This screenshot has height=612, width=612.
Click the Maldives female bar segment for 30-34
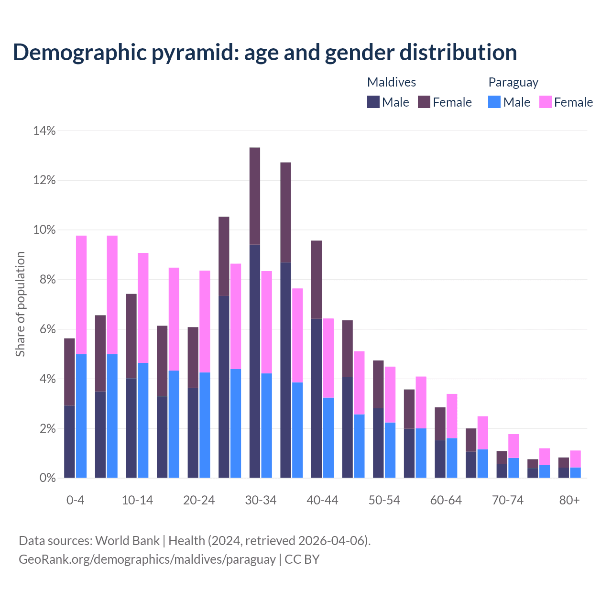pyautogui.click(x=255, y=196)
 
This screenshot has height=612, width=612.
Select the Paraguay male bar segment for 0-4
pyautogui.click(x=81, y=416)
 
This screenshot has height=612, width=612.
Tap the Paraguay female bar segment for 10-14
pyautogui.click(x=143, y=308)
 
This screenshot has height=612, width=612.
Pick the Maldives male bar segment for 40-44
pyautogui.click(x=317, y=398)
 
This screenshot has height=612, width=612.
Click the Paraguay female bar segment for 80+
pyautogui.click(x=575, y=459)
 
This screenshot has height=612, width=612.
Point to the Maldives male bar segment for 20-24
pyautogui.click(x=193, y=433)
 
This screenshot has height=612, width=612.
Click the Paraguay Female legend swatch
pyautogui.click(x=546, y=102)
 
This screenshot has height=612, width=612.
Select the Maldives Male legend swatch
pyautogui.click(x=373, y=102)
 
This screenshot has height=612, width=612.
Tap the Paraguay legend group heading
pyautogui.click(x=513, y=82)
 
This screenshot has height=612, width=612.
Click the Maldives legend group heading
pyautogui.click(x=391, y=82)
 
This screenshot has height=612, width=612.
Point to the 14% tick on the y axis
pyautogui.click(x=44, y=131)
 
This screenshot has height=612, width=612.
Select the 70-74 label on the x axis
pyautogui.click(x=508, y=500)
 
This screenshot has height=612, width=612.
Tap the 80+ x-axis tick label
pyautogui.click(x=569, y=500)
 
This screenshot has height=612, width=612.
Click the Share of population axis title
pyautogui.click(x=20, y=304)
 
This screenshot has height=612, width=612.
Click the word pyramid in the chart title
pyautogui.click(x=196, y=53)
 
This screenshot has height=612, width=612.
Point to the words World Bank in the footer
pyautogui.click(x=127, y=541)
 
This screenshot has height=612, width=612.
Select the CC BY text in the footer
pyautogui.click(x=302, y=559)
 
